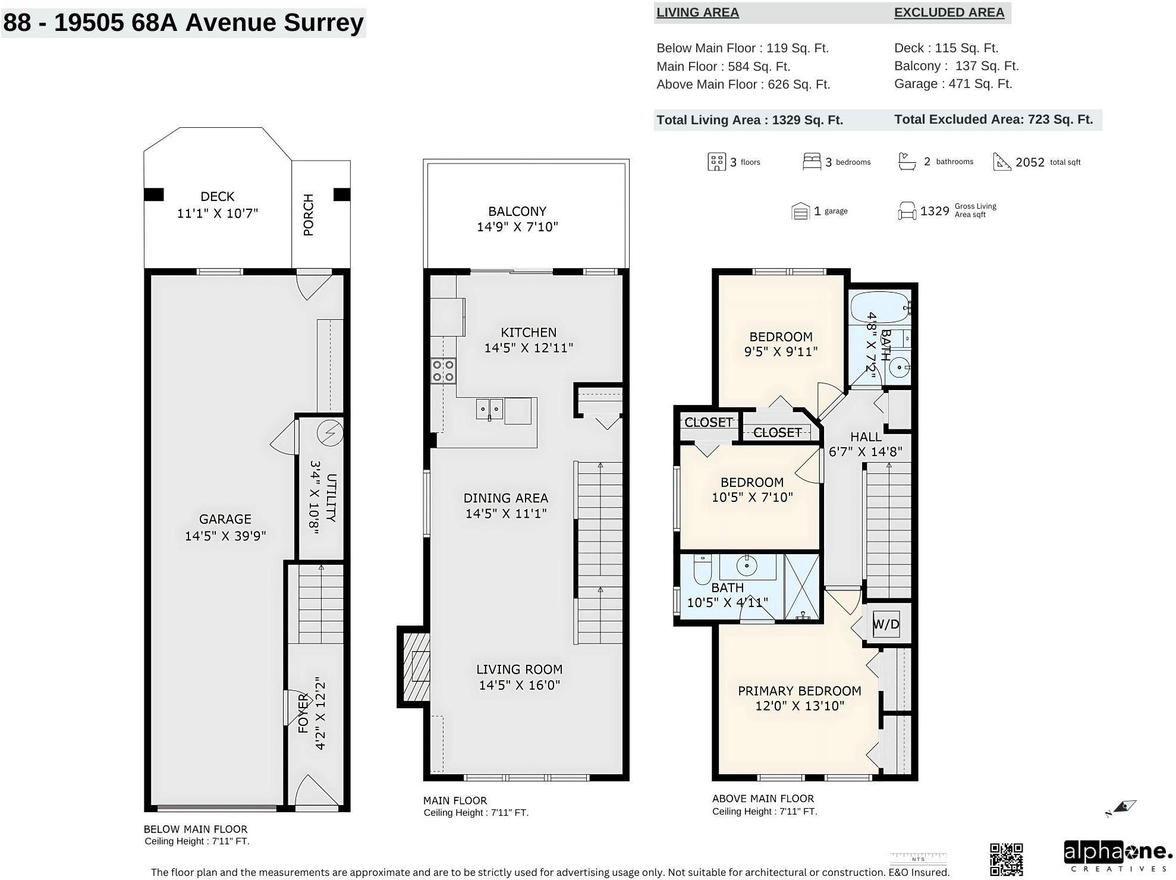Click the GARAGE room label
225,519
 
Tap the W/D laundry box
886,624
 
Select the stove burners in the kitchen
443,370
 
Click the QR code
1006,859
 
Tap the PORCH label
308,215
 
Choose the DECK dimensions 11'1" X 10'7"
218,213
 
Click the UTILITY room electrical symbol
329,433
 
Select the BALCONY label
517,211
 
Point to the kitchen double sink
489,409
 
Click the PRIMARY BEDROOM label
800,691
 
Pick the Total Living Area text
750,120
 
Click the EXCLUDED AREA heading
949,12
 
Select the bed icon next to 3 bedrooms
812,162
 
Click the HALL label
866,437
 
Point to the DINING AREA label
506,498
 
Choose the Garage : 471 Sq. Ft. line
953,84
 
